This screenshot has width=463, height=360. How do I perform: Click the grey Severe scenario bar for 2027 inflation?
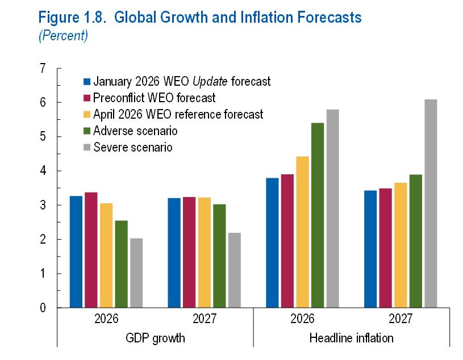click(x=431, y=204)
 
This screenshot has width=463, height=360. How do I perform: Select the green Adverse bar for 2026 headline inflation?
click(x=317, y=215)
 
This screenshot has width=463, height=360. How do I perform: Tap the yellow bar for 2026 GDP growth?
click(x=106, y=256)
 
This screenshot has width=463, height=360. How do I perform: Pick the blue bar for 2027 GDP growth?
click(x=174, y=253)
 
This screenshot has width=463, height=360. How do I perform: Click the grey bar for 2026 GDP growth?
click(x=136, y=273)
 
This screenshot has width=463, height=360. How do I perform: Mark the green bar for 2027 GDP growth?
click(x=219, y=256)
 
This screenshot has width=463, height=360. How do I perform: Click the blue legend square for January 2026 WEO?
click(x=87, y=81)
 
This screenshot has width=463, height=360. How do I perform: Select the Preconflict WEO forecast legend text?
click(x=155, y=98)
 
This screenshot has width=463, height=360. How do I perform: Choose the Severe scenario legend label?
click(x=133, y=147)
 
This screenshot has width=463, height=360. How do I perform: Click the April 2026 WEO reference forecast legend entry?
click(x=178, y=114)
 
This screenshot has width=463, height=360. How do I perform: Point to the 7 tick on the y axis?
click(x=42, y=69)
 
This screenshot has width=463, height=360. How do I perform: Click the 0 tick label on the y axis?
click(x=42, y=308)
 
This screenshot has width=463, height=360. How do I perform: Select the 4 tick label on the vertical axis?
click(x=42, y=171)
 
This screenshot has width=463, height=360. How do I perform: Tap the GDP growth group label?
click(x=155, y=338)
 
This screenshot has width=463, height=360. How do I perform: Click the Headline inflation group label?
click(x=351, y=338)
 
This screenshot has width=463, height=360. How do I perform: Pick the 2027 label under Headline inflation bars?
click(x=401, y=319)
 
